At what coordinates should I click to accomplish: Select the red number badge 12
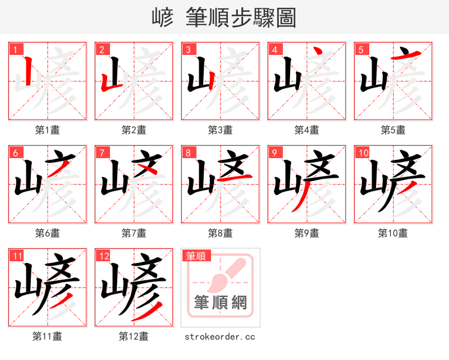[103, 256]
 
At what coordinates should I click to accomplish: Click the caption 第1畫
[48, 130]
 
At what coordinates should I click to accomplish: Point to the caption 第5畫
[393, 130]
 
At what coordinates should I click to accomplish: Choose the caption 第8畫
[220, 233]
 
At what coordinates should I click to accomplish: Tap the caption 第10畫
[393, 233]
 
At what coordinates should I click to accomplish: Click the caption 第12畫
[134, 336]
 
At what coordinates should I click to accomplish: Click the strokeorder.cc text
[220, 336]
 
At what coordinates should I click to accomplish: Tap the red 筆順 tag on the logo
[196, 256]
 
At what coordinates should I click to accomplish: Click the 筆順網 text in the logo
[220, 303]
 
